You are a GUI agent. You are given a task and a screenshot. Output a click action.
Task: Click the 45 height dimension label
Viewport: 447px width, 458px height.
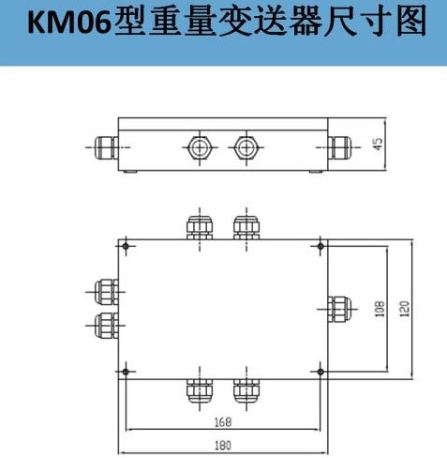pos(378,144)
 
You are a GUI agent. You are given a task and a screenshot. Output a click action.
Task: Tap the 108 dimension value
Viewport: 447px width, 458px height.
pos(380,309)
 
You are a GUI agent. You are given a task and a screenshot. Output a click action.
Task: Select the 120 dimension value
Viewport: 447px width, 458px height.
pos(404,309)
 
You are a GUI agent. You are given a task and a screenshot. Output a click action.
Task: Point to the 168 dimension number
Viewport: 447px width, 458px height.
pos(223,422)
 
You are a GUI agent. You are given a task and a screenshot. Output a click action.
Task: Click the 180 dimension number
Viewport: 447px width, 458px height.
pos(223,445)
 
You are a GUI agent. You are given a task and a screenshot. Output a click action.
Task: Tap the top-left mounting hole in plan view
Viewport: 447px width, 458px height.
pos(126,246)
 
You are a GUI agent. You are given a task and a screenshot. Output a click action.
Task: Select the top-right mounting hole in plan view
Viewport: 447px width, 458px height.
pos(320,246)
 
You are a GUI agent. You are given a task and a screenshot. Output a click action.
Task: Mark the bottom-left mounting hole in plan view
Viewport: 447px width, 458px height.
pos(126,372)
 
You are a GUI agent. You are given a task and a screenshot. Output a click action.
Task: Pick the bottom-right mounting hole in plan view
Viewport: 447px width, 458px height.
pos(320,372)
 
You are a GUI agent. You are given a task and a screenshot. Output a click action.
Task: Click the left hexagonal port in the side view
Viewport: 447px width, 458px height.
pos(200,147)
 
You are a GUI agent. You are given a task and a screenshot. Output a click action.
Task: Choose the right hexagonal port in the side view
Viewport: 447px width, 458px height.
pos(246,147)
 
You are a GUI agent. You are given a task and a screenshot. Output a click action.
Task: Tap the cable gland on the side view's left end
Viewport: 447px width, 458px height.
pos(106,147)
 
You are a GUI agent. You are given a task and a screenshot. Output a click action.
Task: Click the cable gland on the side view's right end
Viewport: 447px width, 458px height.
pos(340,147)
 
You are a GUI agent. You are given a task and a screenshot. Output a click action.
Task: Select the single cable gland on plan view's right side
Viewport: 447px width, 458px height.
pos(339,309)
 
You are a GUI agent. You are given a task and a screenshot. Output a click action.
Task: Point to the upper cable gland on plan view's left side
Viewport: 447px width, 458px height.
pos(106,292)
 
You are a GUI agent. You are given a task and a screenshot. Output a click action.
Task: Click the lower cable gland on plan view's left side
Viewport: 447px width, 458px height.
pos(106,326)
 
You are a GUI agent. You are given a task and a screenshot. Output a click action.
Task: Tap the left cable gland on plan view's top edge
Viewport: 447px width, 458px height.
pos(200,227)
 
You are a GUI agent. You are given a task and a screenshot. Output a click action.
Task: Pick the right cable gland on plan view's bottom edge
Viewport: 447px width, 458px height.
pos(246,391)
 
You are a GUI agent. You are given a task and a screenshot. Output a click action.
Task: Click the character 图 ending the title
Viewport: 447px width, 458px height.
pos(411,22)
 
